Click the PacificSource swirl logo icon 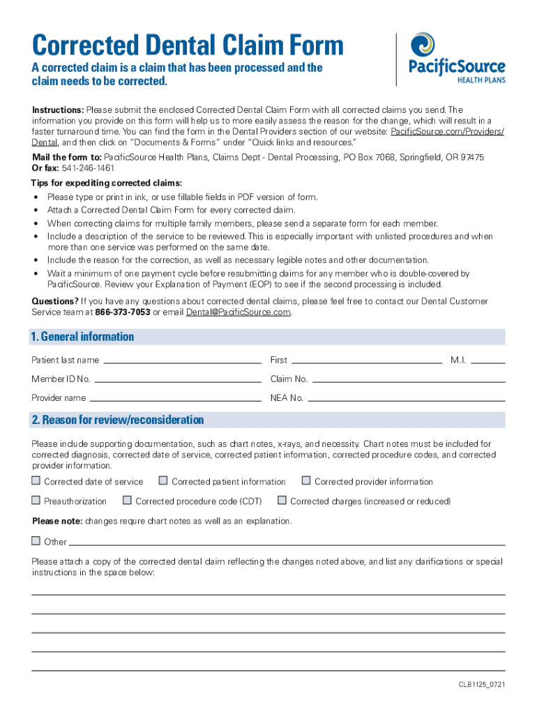[x=423, y=45]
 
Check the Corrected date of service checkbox [x=36, y=481]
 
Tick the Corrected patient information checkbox [x=163, y=481]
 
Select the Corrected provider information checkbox [x=306, y=481]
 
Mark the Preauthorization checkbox [x=36, y=501]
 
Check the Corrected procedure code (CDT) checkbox [x=127, y=501]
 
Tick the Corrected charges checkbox [x=282, y=501]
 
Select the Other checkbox [x=36, y=541]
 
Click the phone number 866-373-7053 [x=123, y=312]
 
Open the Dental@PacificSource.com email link [x=238, y=312]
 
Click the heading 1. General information [x=82, y=337]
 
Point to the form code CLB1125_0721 [x=477, y=685]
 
